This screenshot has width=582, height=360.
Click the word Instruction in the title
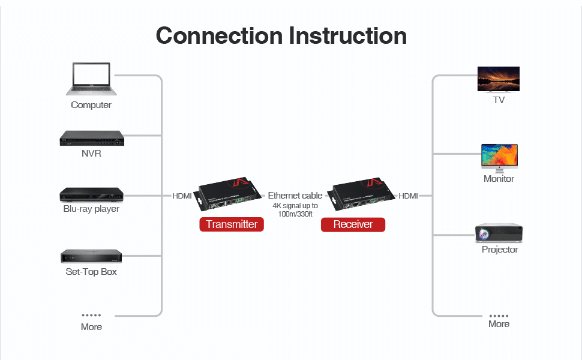click(x=348, y=35)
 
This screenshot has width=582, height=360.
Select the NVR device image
click(x=91, y=138)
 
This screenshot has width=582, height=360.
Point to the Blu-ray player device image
click(x=91, y=194)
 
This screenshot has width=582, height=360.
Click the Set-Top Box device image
click(x=91, y=256)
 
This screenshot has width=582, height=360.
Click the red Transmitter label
click(x=232, y=224)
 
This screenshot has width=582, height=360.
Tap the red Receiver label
click(x=353, y=224)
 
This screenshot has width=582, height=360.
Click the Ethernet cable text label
click(x=295, y=196)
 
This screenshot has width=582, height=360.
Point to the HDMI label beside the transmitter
click(x=182, y=196)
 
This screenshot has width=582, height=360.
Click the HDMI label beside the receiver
click(x=408, y=196)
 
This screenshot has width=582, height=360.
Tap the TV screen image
click(x=498, y=79)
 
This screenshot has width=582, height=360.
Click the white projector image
click(x=499, y=233)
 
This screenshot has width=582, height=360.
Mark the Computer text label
click(x=91, y=105)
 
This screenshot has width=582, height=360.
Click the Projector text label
click(x=500, y=250)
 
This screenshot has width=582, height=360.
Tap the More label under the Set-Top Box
click(x=91, y=327)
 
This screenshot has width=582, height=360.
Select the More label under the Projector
click(x=499, y=324)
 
